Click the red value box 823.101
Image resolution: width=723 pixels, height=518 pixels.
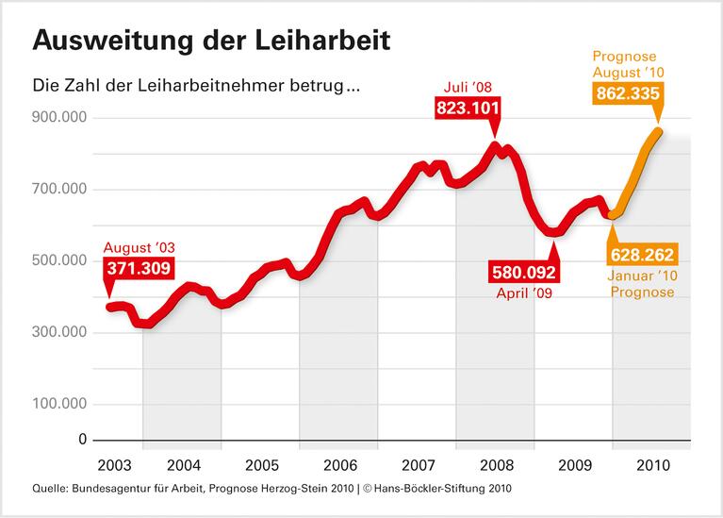coord(468,108)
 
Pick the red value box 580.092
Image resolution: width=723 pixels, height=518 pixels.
coord(524,274)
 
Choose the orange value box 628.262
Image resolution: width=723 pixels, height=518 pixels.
coord(642,255)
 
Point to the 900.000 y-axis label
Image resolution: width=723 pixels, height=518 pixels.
coord(60,118)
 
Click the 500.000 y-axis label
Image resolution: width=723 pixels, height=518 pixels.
coord(60,260)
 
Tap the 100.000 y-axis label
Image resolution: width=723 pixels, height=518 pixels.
coord(60,404)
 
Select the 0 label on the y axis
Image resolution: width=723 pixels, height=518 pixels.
coord(83,440)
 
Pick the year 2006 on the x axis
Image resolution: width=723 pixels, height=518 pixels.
coord(339,466)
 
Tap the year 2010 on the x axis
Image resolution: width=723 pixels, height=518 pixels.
coord(652,466)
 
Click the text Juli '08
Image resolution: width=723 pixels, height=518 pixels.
coord(468,88)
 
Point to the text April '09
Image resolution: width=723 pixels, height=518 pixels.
coord(523,293)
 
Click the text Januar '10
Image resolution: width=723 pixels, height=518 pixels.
coord(642,276)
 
